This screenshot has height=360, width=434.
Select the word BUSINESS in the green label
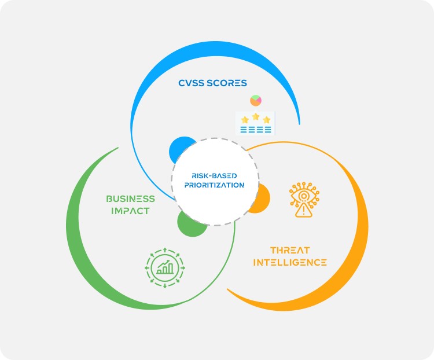(x=130, y=199)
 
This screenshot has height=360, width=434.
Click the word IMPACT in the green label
(x=131, y=211)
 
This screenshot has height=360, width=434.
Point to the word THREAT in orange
(x=290, y=251)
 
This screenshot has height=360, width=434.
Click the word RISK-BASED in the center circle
(x=215, y=175)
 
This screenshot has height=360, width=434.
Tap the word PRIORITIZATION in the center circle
(x=215, y=185)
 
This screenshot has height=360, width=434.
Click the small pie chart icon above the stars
(x=256, y=101)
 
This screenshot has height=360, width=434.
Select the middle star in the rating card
(x=256, y=117)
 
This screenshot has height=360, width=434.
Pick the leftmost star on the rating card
(x=245, y=120)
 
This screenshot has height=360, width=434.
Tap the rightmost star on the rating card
(x=266, y=120)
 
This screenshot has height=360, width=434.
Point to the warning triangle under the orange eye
(x=303, y=211)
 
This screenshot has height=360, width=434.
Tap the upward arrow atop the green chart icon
(x=164, y=250)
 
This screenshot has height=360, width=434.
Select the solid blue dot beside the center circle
(x=179, y=150)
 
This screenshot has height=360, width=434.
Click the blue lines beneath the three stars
(x=255, y=130)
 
